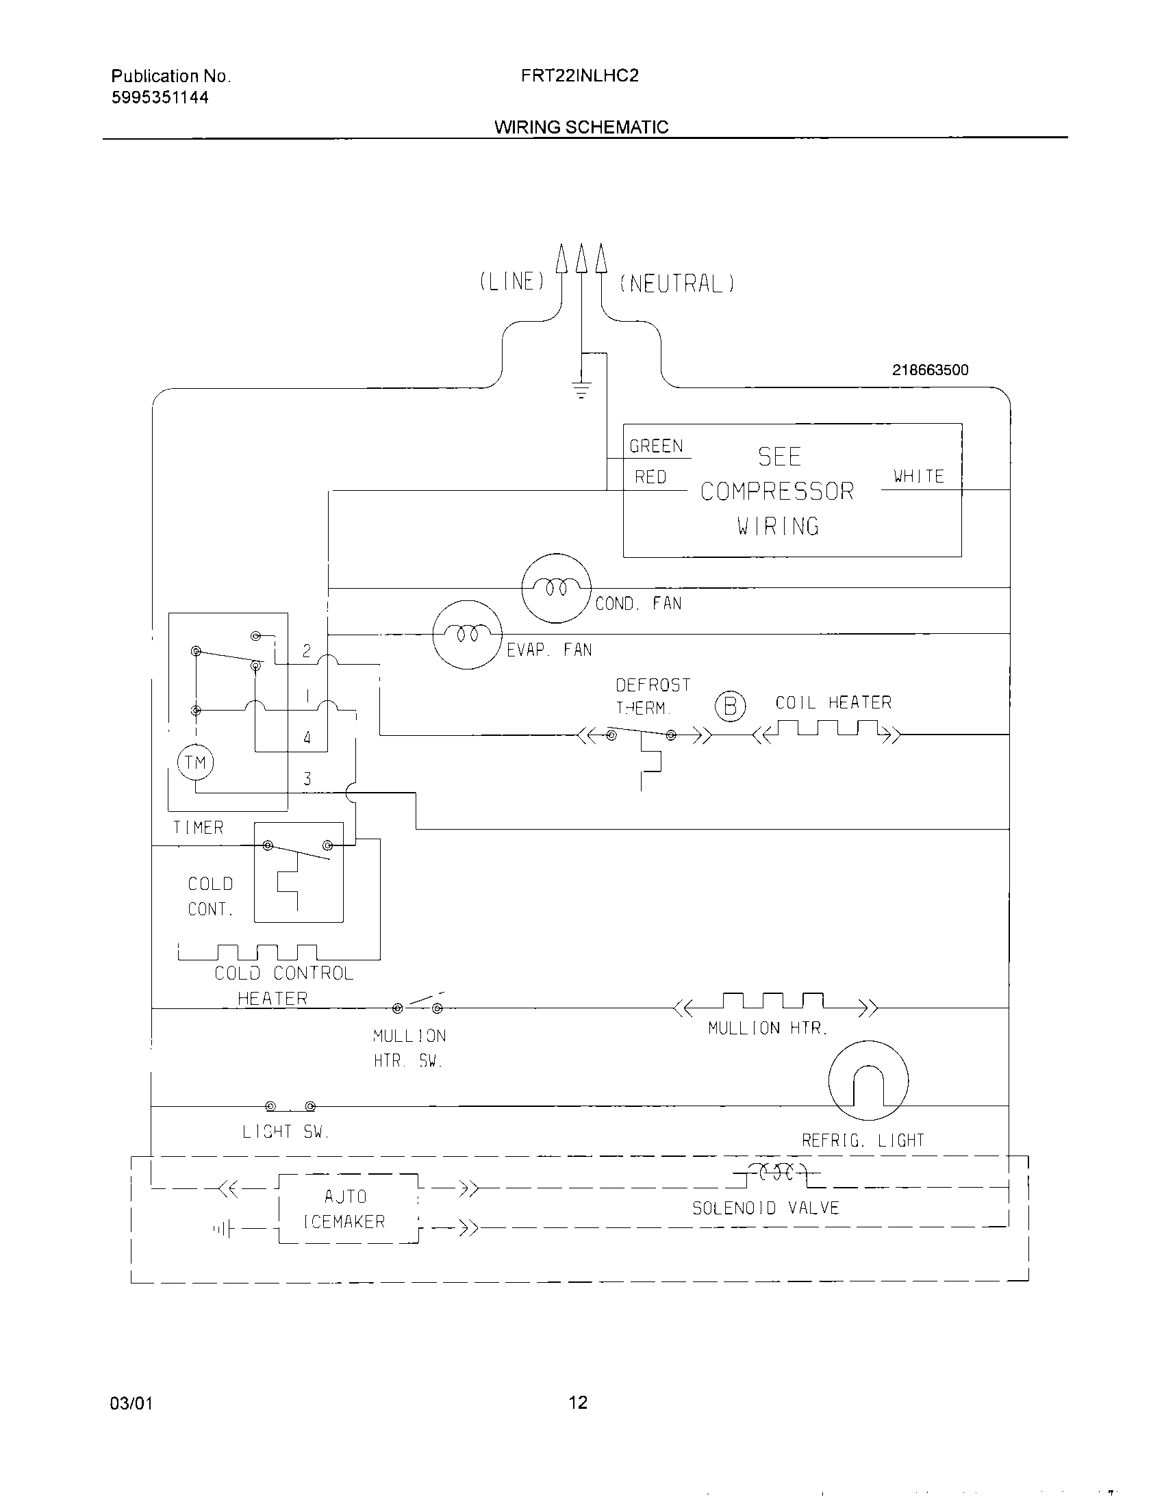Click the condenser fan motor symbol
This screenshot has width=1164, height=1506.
[x=556, y=588]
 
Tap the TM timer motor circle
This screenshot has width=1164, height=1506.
[x=196, y=763]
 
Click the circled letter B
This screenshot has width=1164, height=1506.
[x=730, y=707]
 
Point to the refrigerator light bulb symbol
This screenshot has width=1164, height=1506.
[x=868, y=1080]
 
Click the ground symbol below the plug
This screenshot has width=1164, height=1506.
[x=581, y=391]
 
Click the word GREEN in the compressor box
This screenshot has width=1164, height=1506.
[x=656, y=446]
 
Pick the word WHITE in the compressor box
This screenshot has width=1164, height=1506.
[x=918, y=476]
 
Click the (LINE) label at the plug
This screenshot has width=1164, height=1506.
[x=512, y=281]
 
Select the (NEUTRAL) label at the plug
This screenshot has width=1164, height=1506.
[x=677, y=283]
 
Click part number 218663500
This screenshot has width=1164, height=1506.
[x=930, y=370]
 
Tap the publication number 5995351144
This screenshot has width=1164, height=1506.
[x=160, y=98]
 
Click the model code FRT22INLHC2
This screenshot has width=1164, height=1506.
[x=579, y=76]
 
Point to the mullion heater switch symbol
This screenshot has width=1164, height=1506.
[x=417, y=1006]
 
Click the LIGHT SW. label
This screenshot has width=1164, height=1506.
[x=286, y=1132]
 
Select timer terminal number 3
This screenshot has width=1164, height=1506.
[x=307, y=779]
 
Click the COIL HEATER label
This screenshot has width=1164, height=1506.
[x=833, y=702]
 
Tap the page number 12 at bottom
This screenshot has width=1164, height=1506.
[x=578, y=1402]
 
